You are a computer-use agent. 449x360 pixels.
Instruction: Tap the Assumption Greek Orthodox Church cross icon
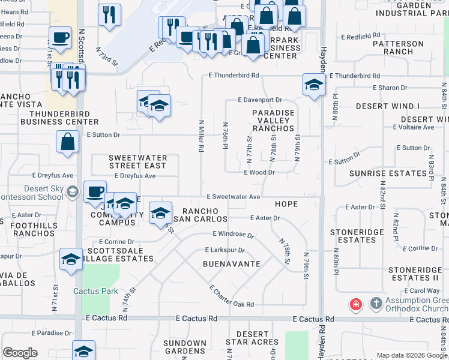[x=376, y=303]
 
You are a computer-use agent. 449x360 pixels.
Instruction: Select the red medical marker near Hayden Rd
[x=356, y=304]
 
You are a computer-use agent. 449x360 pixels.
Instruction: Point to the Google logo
[x=20, y=353]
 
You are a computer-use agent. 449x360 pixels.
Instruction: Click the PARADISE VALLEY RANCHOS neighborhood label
[x=274, y=121]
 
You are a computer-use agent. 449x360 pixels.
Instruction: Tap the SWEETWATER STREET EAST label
[x=137, y=161]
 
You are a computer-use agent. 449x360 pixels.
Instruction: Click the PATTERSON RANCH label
[x=399, y=48]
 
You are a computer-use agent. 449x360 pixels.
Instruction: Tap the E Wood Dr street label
[x=259, y=172]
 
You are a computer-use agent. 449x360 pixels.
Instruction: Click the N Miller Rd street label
[x=202, y=135]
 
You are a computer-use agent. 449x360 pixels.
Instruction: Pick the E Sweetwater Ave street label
[x=234, y=197]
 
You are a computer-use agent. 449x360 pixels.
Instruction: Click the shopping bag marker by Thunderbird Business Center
[x=67, y=142]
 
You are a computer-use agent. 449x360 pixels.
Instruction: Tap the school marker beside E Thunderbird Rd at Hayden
[x=313, y=85]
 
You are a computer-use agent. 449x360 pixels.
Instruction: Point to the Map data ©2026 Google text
[x=411, y=355]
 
